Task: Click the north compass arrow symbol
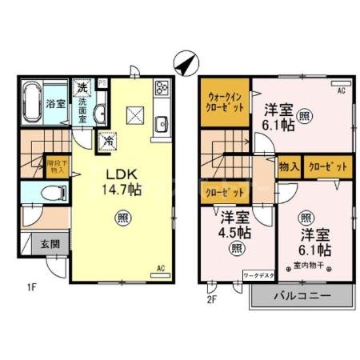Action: point(185,61)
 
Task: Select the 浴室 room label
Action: point(54,103)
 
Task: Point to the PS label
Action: point(102,82)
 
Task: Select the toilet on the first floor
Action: point(50,193)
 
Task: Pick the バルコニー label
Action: point(302,295)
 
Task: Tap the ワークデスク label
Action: point(258,276)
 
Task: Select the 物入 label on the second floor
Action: point(289,167)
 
